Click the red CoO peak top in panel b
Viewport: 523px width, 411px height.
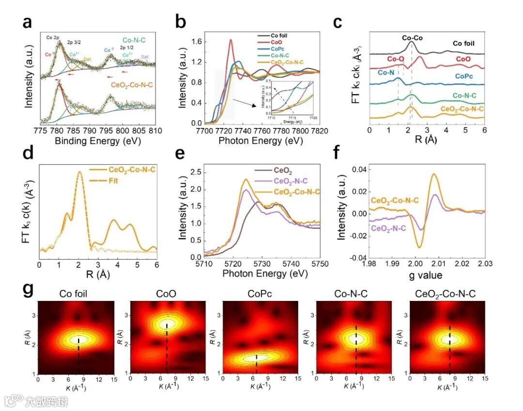tap(231, 40)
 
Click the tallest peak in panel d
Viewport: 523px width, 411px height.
tap(80, 172)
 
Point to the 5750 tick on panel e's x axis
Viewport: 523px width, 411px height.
tap(320, 263)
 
